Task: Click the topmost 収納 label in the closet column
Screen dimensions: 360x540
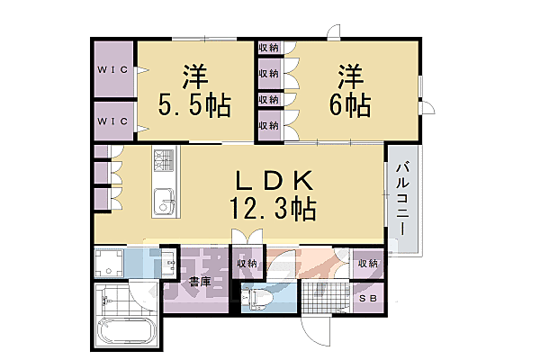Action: tap(268, 47)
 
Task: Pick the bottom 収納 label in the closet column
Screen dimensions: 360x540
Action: tap(268, 124)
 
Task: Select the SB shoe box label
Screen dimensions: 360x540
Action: tap(367, 299)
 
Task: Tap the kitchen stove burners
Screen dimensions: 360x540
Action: tap(164, 162)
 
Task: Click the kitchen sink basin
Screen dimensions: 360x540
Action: tap(164, 202)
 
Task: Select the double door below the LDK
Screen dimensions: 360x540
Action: tap(247, 238)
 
